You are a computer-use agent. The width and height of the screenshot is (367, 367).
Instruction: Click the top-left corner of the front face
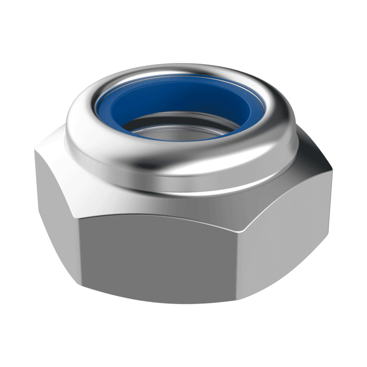coord(79,217)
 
